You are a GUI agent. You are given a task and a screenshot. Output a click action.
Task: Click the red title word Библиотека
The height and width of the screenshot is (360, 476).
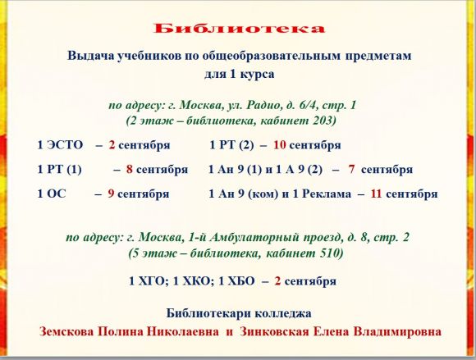(x=239, y=28)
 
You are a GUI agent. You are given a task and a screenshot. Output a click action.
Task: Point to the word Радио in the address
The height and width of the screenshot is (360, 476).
(x=263, y=105)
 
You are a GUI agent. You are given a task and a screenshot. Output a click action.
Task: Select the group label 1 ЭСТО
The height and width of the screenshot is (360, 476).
(x=60, y=145)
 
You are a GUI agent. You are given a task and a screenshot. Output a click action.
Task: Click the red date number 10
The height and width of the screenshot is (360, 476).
(x=280, y=145)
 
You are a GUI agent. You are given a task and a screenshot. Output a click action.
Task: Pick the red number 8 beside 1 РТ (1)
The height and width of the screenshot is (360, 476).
(x=130, y=169)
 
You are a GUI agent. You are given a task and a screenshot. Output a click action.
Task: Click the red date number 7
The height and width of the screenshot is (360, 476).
(x=351, y=169)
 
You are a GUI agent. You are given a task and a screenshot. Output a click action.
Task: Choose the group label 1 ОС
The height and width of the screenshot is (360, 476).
(x=52, y=194)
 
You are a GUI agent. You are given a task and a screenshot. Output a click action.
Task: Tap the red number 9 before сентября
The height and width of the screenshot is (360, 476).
(x=111, y=194)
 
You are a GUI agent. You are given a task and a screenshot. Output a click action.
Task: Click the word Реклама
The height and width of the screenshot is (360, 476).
(x=327, y=194)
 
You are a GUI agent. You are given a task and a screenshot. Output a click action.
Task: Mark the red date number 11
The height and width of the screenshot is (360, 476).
(x=376, y=194)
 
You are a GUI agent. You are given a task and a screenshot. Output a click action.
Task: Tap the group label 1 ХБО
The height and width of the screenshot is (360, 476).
(x=236, y=281)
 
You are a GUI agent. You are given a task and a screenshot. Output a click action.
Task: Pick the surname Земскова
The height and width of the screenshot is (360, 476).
(x=66, y=331)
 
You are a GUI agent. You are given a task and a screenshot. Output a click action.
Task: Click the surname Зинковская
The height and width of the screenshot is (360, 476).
(x=274, y=331)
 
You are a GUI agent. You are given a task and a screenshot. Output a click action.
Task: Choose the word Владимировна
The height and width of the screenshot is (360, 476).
(x=397, y=331)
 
